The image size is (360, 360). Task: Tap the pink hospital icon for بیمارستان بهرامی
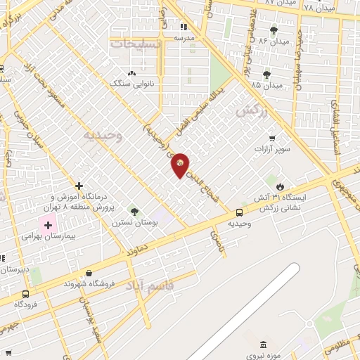click(x=48, y=226)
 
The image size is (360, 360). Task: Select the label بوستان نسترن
click(x=134, y=222)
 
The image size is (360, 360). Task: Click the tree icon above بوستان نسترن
click(x=134, y=211)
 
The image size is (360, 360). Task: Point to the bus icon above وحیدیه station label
click(x=240, y=212)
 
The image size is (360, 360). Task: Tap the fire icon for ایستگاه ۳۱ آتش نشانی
click(x=281, y=186)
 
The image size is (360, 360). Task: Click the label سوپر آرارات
click(x=272, y=149)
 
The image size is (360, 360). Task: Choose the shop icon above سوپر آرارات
click(x=272, y=138)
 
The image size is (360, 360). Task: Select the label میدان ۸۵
click(x=266, y=85)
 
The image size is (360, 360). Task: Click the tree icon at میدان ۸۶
click(x=274, y=30)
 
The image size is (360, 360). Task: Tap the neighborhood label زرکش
click(x=253, y=110)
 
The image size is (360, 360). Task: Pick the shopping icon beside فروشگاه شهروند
click(x=89, y=273)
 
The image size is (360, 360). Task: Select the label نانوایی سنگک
click(x=130, y=83)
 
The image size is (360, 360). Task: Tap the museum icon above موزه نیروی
click(x=263, y=345)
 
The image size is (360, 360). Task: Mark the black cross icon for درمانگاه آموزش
click(x=79, y=186)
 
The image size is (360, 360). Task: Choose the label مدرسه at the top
click(x=184, y=37)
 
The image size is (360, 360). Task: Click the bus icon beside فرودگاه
click(x=26, y=294)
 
